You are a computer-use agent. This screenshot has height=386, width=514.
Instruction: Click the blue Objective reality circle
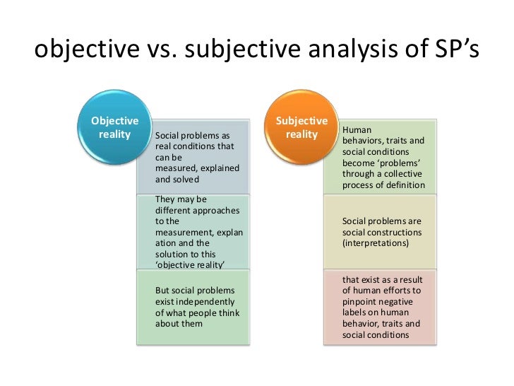(110, 127)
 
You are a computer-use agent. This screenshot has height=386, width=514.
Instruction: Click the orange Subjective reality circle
(302, 127)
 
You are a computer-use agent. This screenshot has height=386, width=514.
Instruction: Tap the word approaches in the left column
(217, 211)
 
